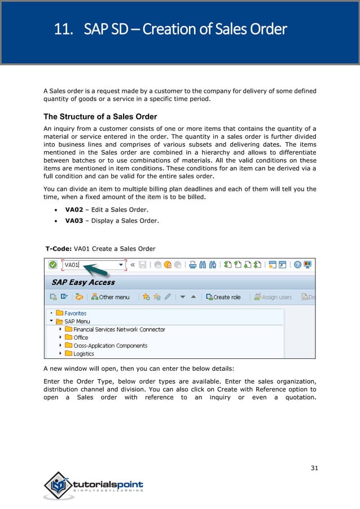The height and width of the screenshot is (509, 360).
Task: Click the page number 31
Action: coord(314,468)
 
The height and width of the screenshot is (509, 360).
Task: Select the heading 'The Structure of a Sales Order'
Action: coord(100,117)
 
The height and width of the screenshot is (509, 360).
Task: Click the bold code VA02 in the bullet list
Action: coord(74,209)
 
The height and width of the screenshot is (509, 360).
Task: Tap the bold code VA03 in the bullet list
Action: coord(74,221)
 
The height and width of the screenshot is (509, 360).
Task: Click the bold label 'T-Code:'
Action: coord(58,248)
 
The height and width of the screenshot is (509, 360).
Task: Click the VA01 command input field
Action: coord(93,265)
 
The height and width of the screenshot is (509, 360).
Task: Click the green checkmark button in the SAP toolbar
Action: coord(52,265)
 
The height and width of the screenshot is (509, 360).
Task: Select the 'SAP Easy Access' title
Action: coord(83,282)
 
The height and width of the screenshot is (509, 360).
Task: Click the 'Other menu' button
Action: coord(108,297)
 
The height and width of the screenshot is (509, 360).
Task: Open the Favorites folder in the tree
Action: coord(75,313)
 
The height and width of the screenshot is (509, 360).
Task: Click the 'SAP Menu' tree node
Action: coord(77,321)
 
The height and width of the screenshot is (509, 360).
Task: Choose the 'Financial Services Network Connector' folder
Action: coord(119,330)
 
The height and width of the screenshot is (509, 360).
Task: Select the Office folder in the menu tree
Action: coord(81,337)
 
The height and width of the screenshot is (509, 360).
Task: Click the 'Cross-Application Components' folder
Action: coord(110,345)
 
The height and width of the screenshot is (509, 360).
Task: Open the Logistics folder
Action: coord(84,354)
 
